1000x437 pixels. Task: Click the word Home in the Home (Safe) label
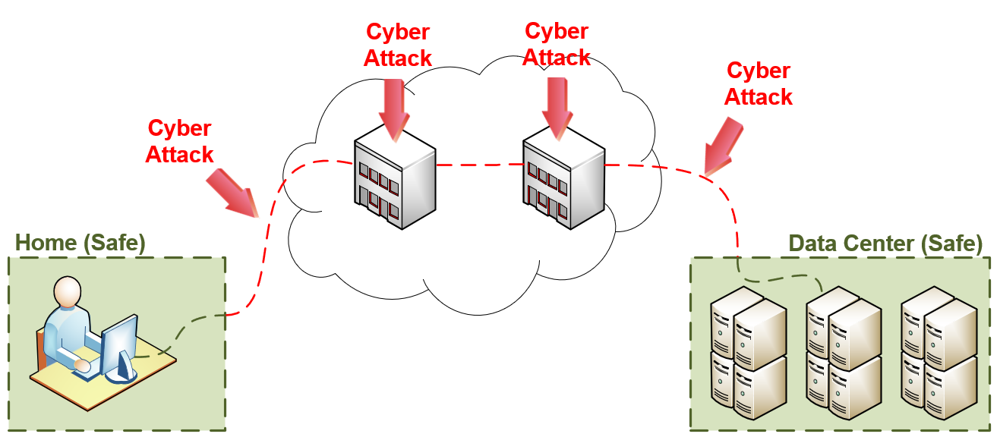(46, 243)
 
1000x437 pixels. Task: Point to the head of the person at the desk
(66, 291)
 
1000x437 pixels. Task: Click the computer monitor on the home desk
(119, 346)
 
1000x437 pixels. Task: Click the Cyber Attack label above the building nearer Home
(398, 45)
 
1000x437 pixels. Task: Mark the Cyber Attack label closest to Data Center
(759, 83)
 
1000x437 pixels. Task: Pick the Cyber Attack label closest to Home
(180, 141)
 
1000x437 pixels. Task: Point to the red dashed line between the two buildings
(478, 164)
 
